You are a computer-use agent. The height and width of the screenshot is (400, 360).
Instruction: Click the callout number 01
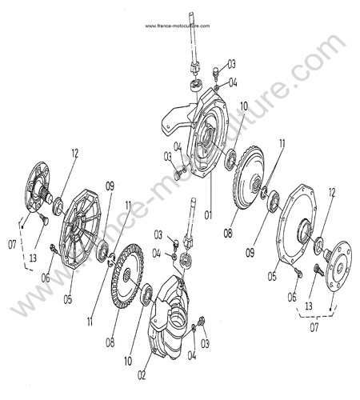point(208,214)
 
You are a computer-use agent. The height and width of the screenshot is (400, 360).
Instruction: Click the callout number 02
point(142,375)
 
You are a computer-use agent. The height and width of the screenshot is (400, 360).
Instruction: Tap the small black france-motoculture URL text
point(178,26)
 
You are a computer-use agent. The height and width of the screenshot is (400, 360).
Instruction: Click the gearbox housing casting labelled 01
point(198,133)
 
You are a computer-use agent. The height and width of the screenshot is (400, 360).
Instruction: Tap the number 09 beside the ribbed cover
point(110,186)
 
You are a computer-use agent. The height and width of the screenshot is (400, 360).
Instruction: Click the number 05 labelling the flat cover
point(272,276)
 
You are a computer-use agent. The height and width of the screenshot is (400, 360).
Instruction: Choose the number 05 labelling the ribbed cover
point(68,299)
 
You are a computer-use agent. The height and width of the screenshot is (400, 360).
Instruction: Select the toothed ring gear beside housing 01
point(249,178)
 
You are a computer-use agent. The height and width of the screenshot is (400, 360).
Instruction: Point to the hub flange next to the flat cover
point(338,266)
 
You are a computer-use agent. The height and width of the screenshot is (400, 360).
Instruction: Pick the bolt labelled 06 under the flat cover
point(298,272)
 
